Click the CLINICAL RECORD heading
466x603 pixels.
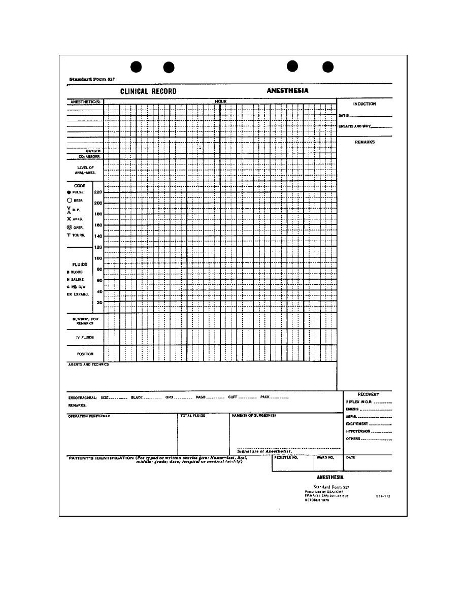(148, 91)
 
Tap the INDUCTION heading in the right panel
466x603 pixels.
(364, 104)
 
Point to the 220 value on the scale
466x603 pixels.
(98, 192)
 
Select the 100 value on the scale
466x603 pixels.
(98, 258)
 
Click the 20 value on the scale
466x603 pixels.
(99, 303)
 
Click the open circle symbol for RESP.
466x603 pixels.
(69, 200)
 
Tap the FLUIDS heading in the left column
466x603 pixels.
(80, 264)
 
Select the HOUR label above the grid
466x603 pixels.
(220, 102)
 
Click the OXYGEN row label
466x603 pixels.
(94, 151)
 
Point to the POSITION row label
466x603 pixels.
(85, 354)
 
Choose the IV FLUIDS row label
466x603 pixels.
(85, 337)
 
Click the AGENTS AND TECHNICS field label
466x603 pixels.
(88, 364)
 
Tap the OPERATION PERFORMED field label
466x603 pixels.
(89, 416)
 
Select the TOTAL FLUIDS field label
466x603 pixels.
(193, 416)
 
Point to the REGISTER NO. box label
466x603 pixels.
(286, 457)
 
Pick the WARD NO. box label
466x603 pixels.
(325, 457)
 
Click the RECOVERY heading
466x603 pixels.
(368, 394)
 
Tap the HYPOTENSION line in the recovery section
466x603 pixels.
(358, 431)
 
